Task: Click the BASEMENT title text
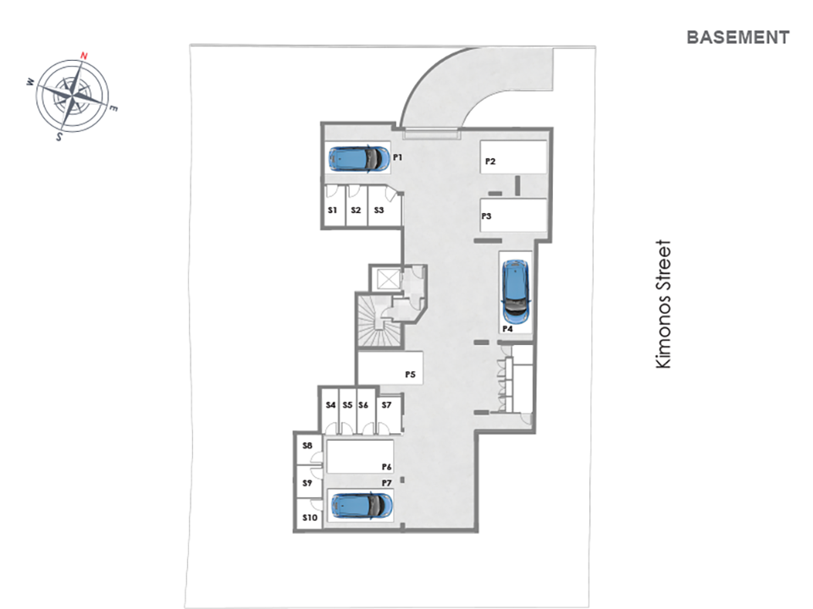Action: [738, 37]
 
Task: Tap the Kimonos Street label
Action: [663, 304]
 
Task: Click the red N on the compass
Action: [84, 56]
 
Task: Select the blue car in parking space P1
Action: [359, 158]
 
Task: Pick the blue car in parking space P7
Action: [362, 506]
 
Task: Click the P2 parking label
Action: [490, 162]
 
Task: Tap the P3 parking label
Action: [486, 216]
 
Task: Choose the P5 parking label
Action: [410, 375]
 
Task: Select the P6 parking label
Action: [387, 467]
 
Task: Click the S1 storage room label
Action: [332, 211]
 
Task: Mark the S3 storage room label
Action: [379, 211]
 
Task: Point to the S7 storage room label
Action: [386, 405]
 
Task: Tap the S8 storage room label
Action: [307, 446]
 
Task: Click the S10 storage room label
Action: [310, 518]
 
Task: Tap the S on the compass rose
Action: [59, 137]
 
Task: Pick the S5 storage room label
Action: [347, 405]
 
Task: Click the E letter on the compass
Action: [113, 108]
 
